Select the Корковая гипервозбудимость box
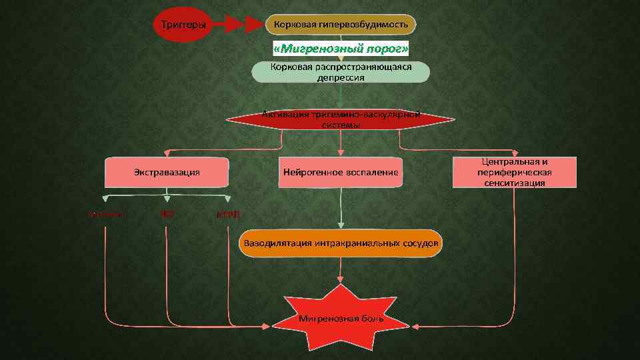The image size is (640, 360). [341, 25]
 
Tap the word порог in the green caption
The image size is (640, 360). [387, 49]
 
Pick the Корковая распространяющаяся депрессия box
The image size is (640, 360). [341, 72]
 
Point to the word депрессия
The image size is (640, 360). [341, 77]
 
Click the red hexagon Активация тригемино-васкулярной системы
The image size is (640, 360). [341, 119]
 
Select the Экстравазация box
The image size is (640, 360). [167, 173]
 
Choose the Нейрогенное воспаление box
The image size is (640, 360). [341, 173]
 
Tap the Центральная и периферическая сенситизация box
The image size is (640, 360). [514, 172]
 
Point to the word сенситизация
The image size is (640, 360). [514, 183]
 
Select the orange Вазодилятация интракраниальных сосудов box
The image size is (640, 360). [341, 243]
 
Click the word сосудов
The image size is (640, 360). [421, 243]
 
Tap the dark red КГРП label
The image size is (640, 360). [228, 215]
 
